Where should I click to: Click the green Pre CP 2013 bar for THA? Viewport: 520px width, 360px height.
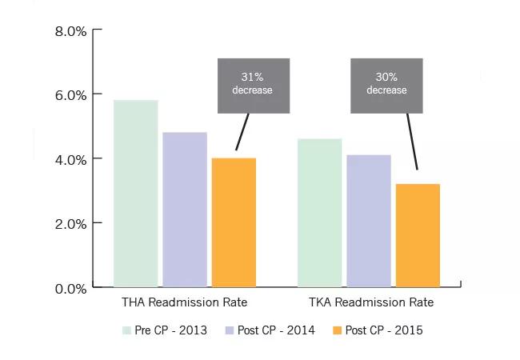pyautogui.click(x=136, y=194)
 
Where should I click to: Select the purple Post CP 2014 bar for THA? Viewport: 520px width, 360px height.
pyautogui.click(x=185, y=210)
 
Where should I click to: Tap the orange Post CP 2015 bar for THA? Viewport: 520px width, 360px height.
pyautogui.click(x=234, y=222)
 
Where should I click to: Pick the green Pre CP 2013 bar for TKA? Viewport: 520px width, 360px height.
pyautogui.click(x=320, y=213)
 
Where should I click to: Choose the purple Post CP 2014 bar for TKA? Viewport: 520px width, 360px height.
pyautogui.click(x=369, y=221)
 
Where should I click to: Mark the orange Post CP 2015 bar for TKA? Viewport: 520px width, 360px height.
pyautogui.click(x=418, y=235)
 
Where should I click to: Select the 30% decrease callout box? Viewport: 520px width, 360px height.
pyautogui.click(x=387, y=85)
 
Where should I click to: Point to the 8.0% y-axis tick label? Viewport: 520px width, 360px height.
pyautogui.click(x=70, y=31)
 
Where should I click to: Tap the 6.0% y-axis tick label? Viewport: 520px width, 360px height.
pyautogui.click(x=70, y=94)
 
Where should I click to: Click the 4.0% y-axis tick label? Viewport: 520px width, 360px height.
pyautogui.click(x=70, y=159)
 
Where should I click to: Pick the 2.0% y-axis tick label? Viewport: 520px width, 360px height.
pyautogui.click(x=70, y=223)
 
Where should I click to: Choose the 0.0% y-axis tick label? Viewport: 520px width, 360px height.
pyautogui.click(x=70, y=287)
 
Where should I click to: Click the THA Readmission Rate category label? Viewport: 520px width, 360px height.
pyautogui.click(x=184, y=303)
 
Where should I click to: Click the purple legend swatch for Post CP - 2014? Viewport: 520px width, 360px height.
pyautogui.click(x=230, y=330)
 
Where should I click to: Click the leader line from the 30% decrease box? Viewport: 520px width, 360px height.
pyautogui.click(x=413, y=141)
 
